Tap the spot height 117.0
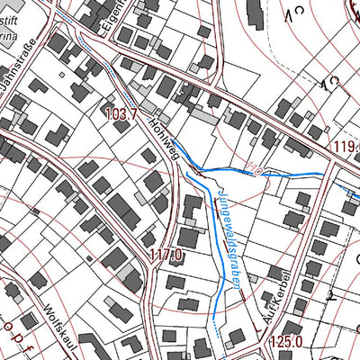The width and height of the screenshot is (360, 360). [x=166, y=256]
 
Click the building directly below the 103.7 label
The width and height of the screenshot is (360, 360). [x=121, y=127]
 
